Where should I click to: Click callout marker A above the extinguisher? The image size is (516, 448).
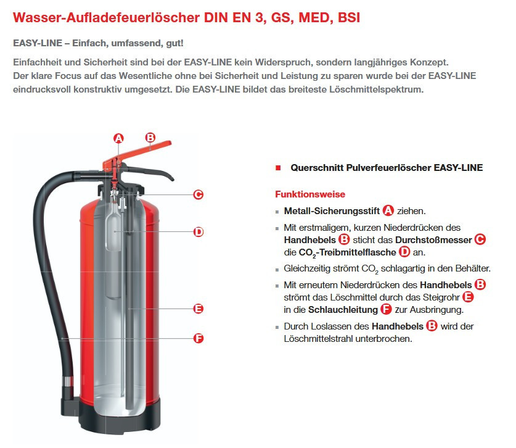(x=118, y=138)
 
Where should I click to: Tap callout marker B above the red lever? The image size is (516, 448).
(x=150, y=138)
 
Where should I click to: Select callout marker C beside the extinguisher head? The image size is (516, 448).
(x=198, y=194)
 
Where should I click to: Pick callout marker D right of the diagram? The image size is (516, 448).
(x=199, y=232)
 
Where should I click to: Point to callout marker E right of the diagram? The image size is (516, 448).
(x=199, y=309)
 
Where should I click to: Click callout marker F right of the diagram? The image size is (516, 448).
(x=199, y=338)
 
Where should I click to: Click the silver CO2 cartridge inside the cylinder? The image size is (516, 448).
(x=113, y=251)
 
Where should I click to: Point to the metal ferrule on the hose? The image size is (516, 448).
(x=68, y=381)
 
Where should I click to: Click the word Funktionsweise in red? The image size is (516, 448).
(x=310, y=194)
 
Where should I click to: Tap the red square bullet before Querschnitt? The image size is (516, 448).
(x=278, y=168)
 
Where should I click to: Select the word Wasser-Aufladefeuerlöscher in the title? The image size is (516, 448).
(x=106, y=17)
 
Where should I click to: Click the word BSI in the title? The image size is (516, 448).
(x=349, y=17)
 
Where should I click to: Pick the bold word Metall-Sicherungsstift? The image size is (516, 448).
(x=332, y=211)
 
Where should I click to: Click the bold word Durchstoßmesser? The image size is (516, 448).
(x=433, y=240)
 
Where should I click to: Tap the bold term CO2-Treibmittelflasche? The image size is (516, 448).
(x=347, y=252)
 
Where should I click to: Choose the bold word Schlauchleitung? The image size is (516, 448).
(x=343, y=310)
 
